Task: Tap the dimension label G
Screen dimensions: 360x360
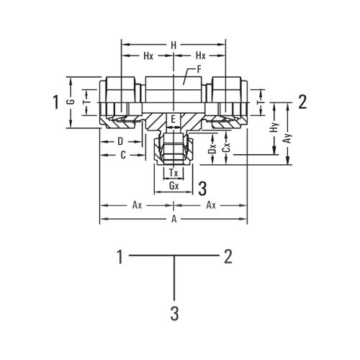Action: [70, 102]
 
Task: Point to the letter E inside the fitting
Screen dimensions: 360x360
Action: [173, 117]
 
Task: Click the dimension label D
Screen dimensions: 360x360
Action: [120, 141]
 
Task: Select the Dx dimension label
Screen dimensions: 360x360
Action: [212, 150]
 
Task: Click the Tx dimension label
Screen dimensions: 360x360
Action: [173, 173]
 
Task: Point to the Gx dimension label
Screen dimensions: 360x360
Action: [173, 186]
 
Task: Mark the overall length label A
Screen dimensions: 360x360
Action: [173, 219]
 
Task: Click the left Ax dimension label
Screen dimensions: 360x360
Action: [137, 205]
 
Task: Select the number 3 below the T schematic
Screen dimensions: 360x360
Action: [174, 313]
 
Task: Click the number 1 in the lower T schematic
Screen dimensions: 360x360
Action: [122, 255]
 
